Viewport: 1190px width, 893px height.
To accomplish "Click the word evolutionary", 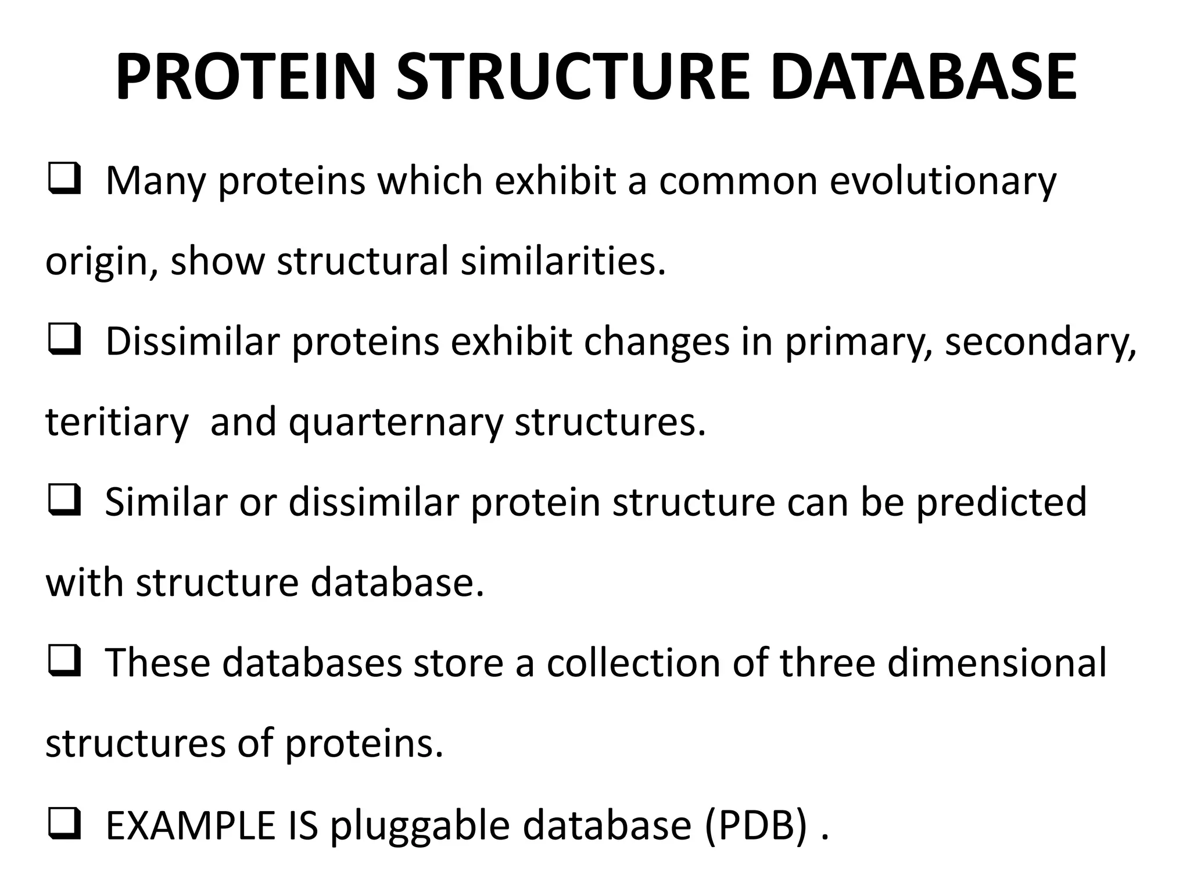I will coord(942,181).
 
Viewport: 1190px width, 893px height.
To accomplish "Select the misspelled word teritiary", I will coord(117,423).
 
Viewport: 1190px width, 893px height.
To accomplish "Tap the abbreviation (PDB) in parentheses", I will coord(757,826).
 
